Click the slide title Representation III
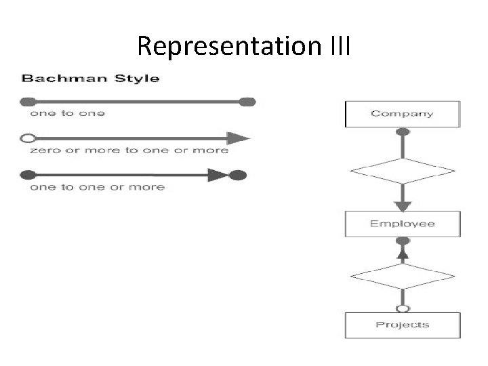click(x=244, y=46)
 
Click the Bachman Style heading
click(x=91, y=78)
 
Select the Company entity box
click(x=403, y=114)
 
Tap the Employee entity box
click(x=403, y=224)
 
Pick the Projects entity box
click(x=403, y=325)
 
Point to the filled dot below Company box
click(x=403, y=132)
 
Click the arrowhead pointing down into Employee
click(x=403, y=204)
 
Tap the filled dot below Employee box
click(x=403, y=241)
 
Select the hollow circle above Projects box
click(x=403, y=308)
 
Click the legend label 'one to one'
click(x=67, y=114)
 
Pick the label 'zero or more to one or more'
click(x=129, y=150)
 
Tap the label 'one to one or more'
click(x=97, y=187)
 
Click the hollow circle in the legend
click(x=28, y=139)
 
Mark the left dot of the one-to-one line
click(x=28, y=102)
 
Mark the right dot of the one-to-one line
click(x=248, y=102)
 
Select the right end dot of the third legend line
click(x=237, y=176)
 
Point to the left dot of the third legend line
click(x=28, y=176)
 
